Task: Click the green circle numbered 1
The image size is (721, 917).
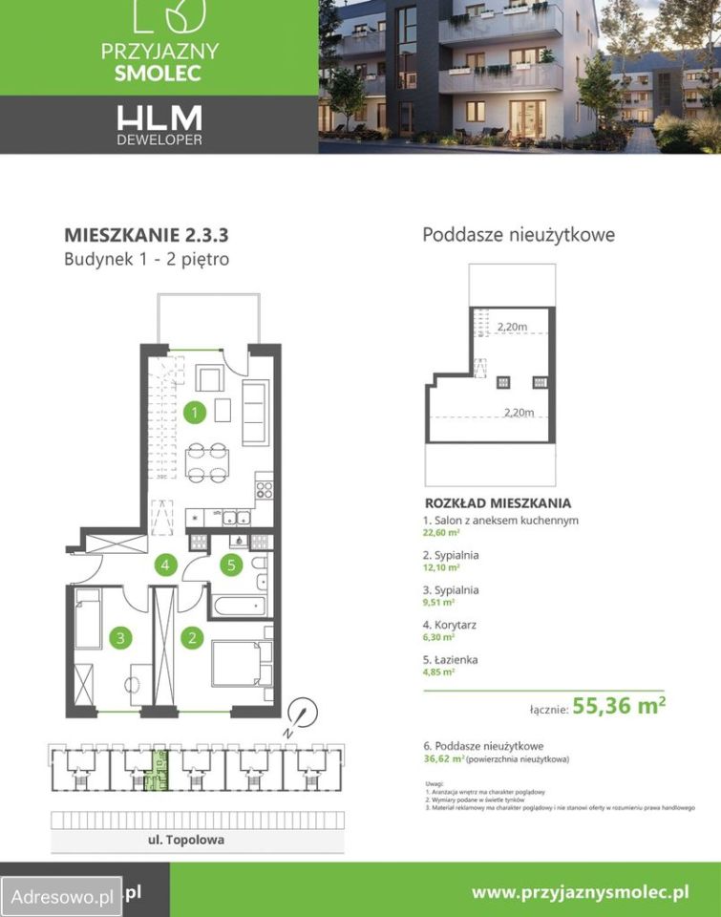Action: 195,413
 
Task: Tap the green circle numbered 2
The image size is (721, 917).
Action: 192,638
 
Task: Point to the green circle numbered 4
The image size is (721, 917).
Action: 165,565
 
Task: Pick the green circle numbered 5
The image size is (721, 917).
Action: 229,565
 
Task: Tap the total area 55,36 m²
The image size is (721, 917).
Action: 619,708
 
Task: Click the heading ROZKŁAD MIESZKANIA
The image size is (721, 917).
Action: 498,501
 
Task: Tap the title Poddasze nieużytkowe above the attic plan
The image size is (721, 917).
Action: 519,235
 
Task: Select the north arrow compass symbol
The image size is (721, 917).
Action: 302,712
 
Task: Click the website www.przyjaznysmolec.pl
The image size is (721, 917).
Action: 581,892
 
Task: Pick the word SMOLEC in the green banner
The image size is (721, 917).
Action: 159,74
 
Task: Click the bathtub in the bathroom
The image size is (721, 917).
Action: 239,604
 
